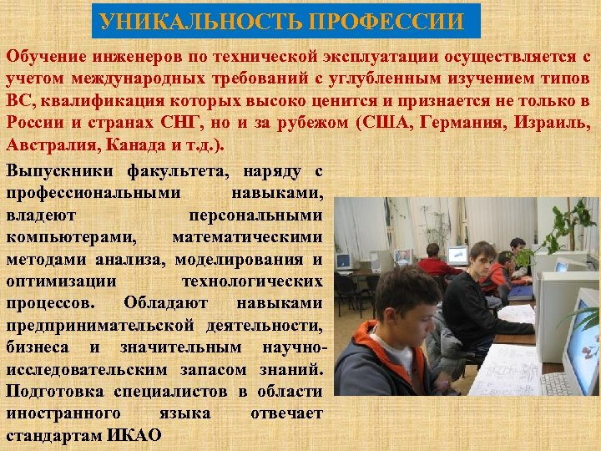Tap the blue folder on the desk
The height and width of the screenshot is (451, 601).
tap(520, 291)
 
